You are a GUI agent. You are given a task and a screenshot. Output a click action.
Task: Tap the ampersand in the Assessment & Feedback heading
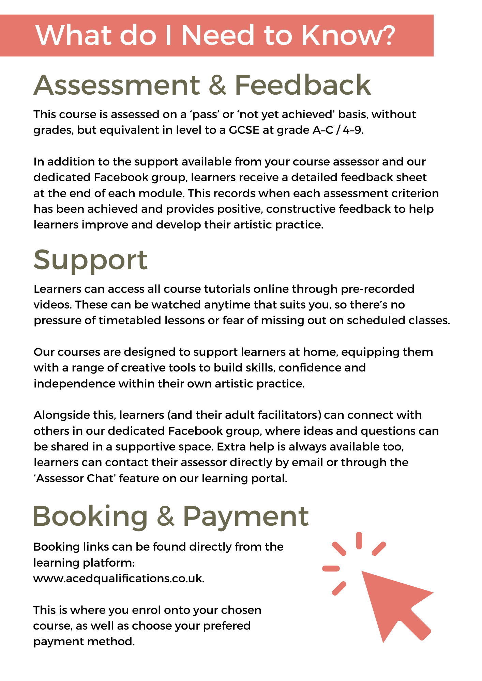pyautogui.click(x=217, y=85)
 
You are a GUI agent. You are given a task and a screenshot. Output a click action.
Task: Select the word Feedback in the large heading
pyautogui.click(x=303, y=85)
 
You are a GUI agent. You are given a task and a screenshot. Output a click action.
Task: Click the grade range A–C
pyautogui.click(x=322, y=130)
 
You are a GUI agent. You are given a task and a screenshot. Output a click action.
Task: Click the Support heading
pyautogui.click(x=91, y=260)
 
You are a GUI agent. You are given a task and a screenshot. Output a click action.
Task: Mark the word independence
pyautogui.click(x=74, y=384)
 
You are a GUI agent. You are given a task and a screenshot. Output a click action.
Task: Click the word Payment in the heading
pyautogui.click(x=245, y=516)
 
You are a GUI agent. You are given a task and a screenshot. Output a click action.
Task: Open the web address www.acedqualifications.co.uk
pyautogui.click(x=119, y=579)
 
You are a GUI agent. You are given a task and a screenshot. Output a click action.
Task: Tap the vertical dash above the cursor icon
pyautogui.click(x=359, y=541)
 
